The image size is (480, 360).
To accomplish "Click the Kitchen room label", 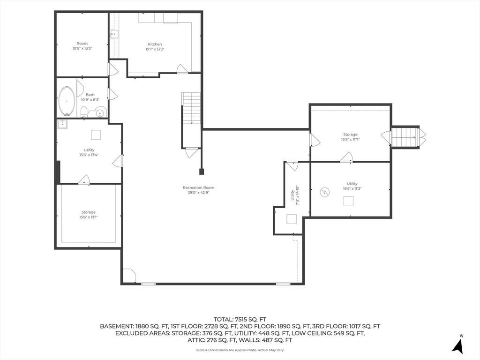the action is (155, 44).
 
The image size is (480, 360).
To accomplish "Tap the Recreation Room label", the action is (198, 187).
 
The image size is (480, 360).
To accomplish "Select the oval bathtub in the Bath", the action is (67, 101).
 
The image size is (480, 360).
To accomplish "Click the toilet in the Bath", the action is (84, 112).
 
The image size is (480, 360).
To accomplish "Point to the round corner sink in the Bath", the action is (100, 113).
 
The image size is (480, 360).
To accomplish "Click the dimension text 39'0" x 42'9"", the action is (198, 193).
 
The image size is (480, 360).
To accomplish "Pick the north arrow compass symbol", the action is (458, 345).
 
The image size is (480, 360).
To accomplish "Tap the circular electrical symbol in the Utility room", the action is (325, 192).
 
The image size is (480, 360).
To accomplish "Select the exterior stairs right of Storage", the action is (405, 137).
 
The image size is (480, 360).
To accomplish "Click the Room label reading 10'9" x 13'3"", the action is (82, 46).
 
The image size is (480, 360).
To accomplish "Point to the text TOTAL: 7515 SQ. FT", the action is (240, 320).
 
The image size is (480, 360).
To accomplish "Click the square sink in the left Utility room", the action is (62, 124).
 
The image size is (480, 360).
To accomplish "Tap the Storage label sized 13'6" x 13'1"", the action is (89, 215).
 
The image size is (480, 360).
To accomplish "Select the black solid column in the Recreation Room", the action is (202, 172).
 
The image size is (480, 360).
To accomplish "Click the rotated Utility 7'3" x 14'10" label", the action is (294, 195).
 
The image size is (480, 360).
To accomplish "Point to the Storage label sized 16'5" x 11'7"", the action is (350, 137).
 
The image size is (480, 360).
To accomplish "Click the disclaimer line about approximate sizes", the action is (240, 350).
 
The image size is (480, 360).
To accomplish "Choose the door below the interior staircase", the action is (192, 152).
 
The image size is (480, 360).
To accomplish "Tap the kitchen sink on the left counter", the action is (114, 34).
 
